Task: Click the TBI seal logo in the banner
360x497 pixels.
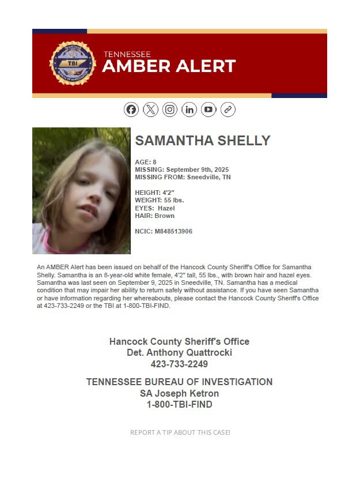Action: pos(73,63)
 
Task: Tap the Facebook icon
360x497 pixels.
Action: pos(131,110)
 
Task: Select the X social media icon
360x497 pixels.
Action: pos(150,110)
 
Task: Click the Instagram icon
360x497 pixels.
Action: pos(170,110)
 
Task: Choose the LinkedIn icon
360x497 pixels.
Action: pos(189,110)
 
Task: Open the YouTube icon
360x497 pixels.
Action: pos(209,110)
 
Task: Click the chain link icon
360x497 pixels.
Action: pos(228,110)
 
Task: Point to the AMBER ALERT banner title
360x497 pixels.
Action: pos(169,66)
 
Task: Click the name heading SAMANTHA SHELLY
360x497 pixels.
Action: pos(202,141)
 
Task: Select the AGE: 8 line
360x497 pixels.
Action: pos(146,162)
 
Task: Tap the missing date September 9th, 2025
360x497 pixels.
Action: pos(197,170)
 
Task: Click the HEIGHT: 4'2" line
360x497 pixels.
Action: pos(154,192)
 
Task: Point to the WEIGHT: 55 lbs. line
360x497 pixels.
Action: pos(159,200)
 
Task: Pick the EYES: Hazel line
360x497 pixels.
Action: pos(154,208)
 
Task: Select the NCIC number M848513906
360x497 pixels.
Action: pos(173,231)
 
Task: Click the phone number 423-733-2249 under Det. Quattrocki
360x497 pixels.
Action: pos(179,364)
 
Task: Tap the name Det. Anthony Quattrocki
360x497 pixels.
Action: pos(179,353)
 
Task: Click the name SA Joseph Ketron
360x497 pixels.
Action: pos(179,393)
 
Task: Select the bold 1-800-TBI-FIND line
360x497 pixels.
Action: pos(179,405)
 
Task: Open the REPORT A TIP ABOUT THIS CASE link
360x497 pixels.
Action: pos(180,432)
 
